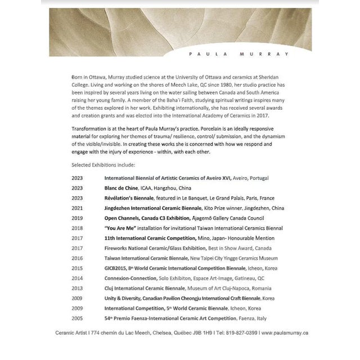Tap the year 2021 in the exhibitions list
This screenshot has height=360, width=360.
click(77, 208)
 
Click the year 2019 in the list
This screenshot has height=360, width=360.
click(77, 218)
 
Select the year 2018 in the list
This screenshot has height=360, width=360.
click(77, 228)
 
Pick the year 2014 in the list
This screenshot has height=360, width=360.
click(77, 278)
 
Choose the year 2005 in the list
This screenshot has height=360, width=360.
click(77, 318)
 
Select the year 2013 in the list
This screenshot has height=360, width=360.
click(77, 288)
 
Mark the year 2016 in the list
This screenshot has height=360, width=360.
click(77, 258)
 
